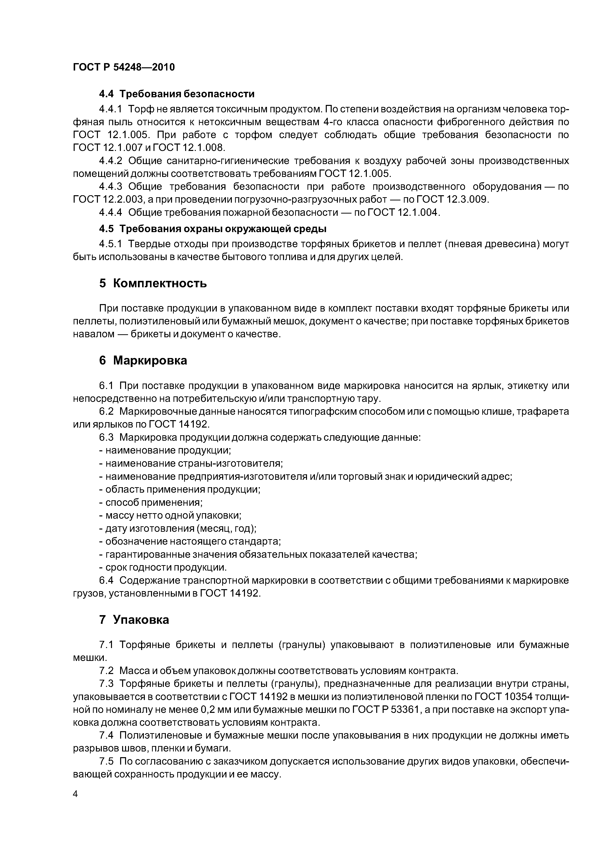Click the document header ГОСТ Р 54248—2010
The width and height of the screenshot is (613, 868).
[x=124, y=67]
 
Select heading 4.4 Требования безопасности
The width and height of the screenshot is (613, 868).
[x=177, y=94]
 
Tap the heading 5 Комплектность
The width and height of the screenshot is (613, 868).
[x=153, y=283]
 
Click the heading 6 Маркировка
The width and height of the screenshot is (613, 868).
[x=143, y=361]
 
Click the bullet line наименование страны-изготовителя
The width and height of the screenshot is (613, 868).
[x=191, y=463]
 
